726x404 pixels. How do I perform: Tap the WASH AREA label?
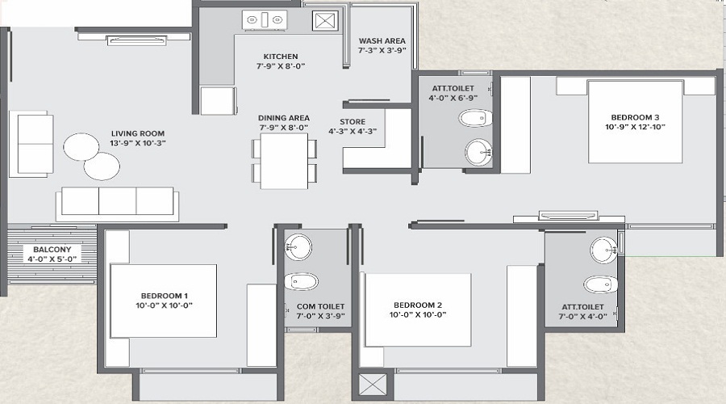[382, 40]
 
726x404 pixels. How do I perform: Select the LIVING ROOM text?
[138, 133]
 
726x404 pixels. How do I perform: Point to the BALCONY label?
[52, 250]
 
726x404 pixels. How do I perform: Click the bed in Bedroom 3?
[635, 121]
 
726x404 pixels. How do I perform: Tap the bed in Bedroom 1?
[164, 300]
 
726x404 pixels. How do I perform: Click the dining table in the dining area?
[283, 159]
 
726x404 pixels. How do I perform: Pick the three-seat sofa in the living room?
[115, 202]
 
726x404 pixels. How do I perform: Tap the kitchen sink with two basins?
[263, 19]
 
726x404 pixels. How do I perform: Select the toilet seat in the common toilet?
[301, 281]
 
